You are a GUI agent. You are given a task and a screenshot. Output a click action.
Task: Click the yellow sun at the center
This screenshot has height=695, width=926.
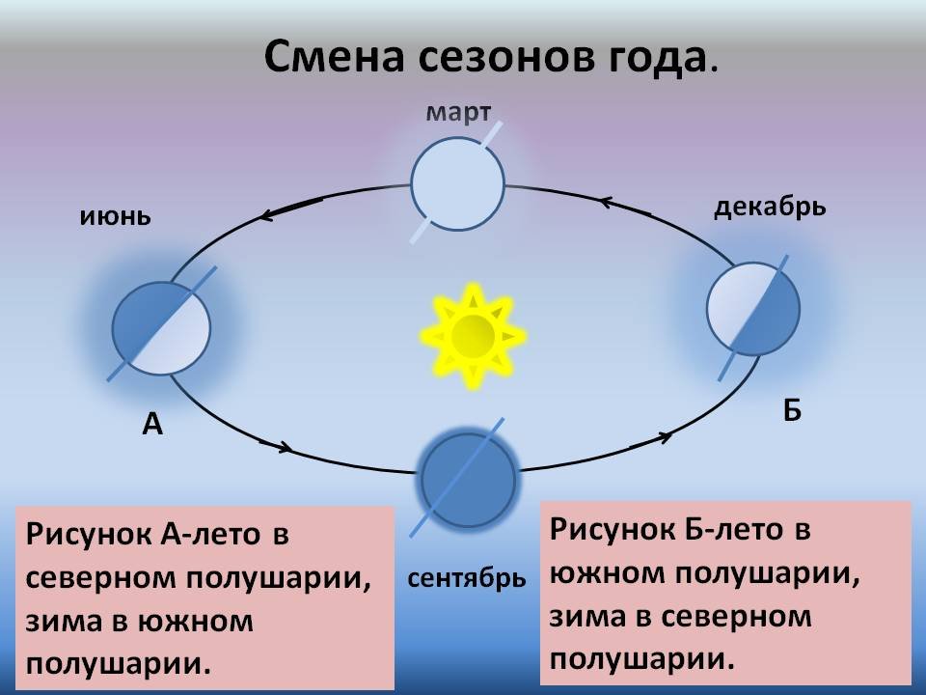tap(473, 336)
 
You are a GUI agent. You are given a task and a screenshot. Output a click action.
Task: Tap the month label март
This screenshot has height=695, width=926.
tap(458, 112)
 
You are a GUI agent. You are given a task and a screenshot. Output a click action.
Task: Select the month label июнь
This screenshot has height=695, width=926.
tap(115, 217)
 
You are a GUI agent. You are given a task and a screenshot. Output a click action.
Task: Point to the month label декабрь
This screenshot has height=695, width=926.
tap(770, 208)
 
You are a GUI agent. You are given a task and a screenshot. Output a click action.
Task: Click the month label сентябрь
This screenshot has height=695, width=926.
tap(467, 578)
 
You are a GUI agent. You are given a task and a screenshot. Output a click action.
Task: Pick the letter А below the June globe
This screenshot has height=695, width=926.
tap(152, 424)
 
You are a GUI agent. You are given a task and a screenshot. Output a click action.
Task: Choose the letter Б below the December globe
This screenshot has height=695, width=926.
tap(792, 409)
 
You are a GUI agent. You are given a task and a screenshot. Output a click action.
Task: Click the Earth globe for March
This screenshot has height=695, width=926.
tap(457, 183)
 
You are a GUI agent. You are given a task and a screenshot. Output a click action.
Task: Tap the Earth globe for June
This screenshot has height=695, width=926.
tap(161, 328)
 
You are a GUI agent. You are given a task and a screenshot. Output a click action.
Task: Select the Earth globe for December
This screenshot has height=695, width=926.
tap(753, 309)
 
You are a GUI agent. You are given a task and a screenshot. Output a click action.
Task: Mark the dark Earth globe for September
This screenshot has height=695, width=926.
tap(470, 481)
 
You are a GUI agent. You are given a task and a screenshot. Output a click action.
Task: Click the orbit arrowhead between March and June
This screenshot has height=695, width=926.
tap(266, 216)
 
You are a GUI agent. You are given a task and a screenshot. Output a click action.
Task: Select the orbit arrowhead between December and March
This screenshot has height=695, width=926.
tap(607, 203)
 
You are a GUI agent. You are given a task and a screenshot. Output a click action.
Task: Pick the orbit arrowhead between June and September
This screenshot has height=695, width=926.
tap(285, 447)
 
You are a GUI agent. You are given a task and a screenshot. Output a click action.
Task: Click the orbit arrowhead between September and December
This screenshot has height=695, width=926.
tap(665, 437)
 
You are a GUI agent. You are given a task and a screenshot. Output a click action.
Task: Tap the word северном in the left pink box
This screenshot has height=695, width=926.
tap(101, 578)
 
